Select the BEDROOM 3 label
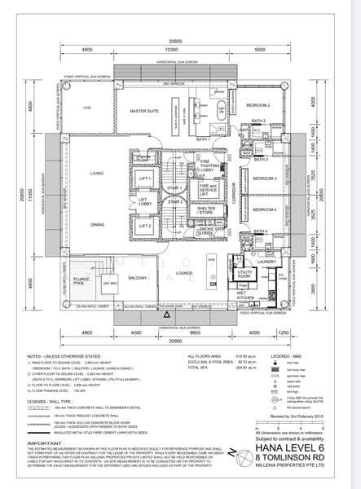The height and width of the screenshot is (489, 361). pos(265,177)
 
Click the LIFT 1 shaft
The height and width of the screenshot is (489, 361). pos(147,178)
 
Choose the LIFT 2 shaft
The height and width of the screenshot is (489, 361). pos(147,225)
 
